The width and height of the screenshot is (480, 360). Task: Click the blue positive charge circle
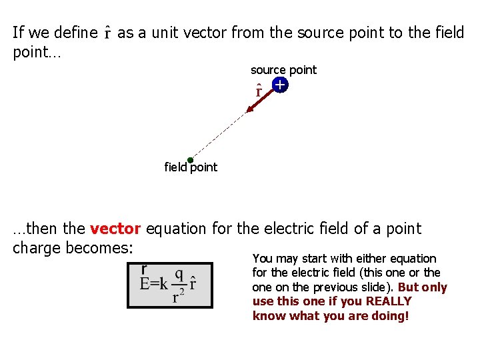279,85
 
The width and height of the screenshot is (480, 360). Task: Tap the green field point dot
190,160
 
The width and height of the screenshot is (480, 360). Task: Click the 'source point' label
283,69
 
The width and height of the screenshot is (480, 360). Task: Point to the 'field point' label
191,167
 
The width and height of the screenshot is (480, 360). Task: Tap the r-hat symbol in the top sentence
108,32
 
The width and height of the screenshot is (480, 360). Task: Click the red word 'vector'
115,229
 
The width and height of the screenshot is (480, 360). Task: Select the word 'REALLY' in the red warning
389,301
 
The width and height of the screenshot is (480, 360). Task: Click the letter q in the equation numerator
179,275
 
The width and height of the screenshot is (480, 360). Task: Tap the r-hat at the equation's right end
193,283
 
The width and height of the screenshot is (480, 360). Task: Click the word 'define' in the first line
75,32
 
